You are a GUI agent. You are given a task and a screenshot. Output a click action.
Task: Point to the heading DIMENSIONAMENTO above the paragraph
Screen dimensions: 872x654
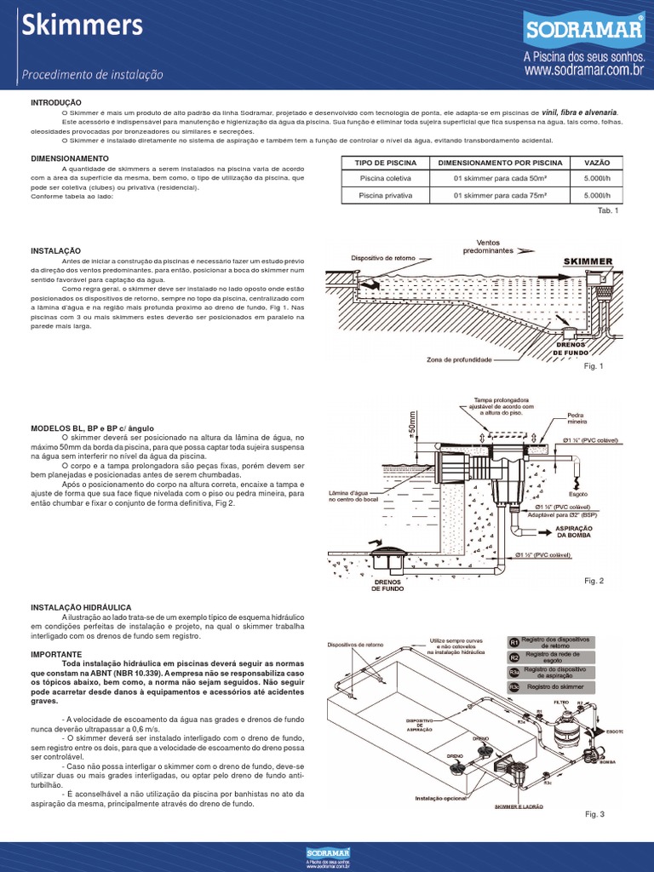[69, 158]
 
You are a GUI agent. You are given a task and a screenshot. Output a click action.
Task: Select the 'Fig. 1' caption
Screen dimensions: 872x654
[593, 365]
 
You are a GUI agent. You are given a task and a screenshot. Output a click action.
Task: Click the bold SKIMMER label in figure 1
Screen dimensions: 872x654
[588, 261]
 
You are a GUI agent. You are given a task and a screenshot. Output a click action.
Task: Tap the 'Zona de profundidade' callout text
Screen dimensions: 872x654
[459, 360]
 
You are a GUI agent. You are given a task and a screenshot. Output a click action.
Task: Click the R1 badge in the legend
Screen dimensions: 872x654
[513, 641]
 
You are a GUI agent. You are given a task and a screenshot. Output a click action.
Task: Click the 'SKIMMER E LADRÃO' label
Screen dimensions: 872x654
[519, 806]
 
